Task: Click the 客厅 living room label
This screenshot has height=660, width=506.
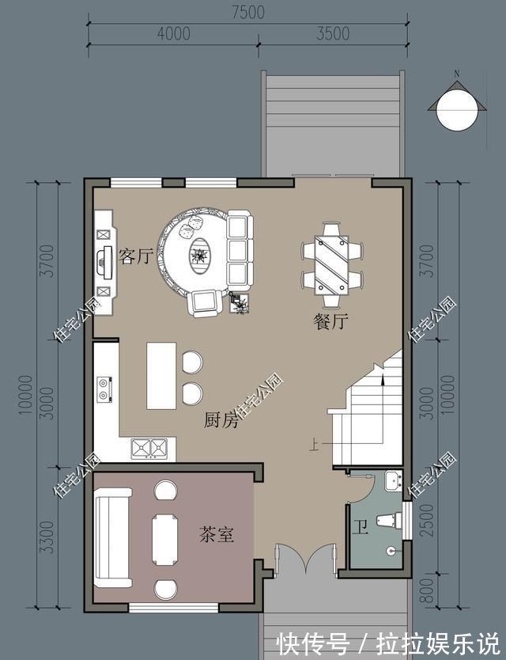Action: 135,256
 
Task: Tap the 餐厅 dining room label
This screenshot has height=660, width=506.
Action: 331,321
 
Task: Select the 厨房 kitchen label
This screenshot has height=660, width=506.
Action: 221,419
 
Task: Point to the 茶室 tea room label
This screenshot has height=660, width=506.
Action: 216,534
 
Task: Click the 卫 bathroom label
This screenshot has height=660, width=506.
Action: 360,526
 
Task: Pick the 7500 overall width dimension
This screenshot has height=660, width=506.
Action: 248,12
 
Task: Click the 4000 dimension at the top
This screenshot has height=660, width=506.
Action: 174,34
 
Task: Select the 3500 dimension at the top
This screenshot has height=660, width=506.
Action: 333,34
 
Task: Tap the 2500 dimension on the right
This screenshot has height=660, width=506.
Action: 426,520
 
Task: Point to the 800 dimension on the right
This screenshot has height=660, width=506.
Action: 426,590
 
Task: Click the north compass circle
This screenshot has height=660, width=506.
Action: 457,110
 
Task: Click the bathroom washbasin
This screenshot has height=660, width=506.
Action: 393,480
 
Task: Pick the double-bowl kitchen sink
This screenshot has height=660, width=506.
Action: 149,449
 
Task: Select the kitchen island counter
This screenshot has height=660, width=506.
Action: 161,375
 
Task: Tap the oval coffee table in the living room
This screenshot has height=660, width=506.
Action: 199,256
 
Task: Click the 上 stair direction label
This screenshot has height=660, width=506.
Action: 314,445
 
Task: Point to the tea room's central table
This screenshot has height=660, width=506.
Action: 165,540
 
